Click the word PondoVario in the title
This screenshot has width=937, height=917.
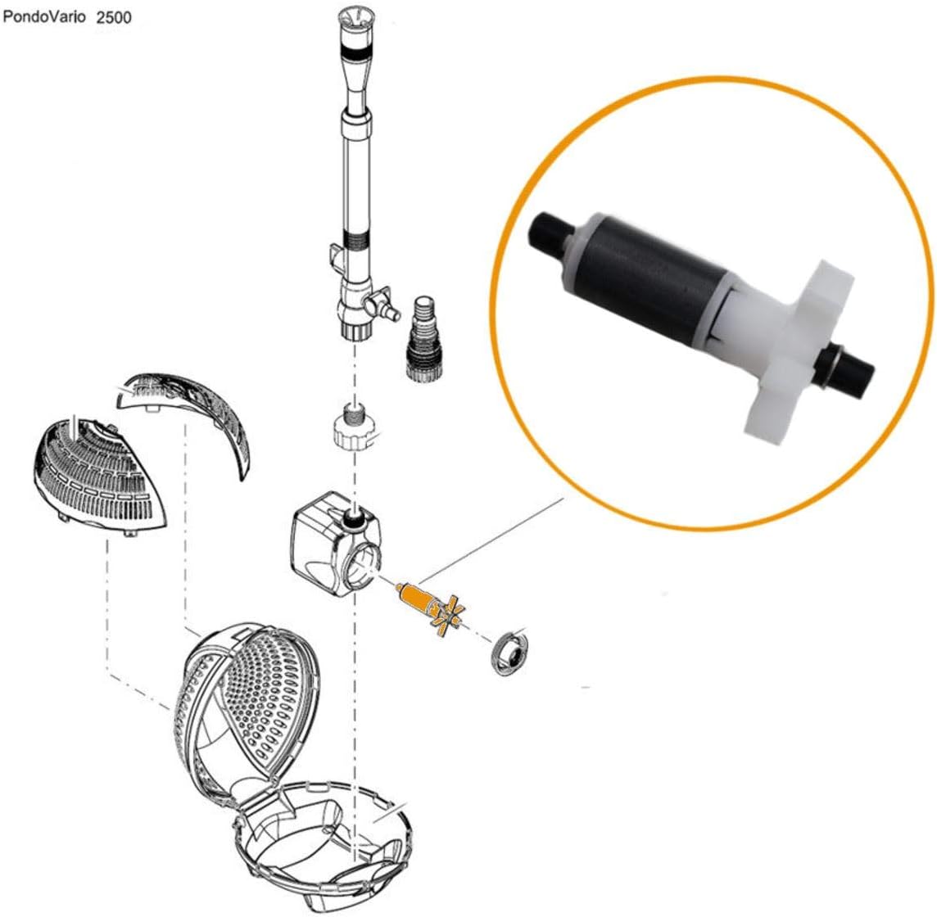tap(44, 16)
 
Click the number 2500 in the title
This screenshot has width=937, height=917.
tap(114, 17)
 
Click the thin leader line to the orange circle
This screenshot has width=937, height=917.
tap(490, 540)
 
